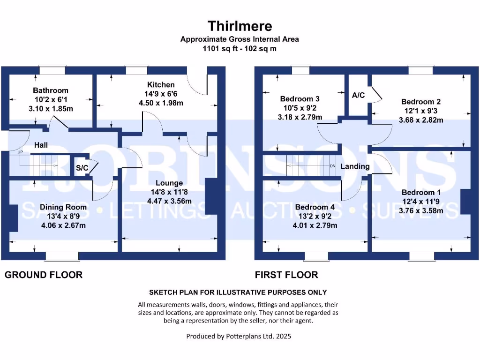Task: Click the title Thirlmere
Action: pos(240,25)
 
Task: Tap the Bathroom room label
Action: pos(51,90)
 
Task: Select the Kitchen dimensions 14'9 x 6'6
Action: pos(161,94)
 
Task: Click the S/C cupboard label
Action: pos(82,168)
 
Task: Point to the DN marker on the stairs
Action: pos(332,166)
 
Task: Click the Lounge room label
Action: pos(170,183)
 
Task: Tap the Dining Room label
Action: pos(63,207)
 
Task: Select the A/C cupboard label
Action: pos(358,95)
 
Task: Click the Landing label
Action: pos(355,166)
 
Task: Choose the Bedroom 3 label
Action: pos(300,99)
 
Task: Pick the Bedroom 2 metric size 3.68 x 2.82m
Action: pos(420,120)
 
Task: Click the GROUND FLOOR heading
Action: pos(44,275)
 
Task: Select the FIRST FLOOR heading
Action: pos(286,275)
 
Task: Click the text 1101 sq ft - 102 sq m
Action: pos(240,48)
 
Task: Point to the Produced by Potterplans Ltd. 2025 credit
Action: pos(240,336)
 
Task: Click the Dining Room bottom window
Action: pos(63,256)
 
